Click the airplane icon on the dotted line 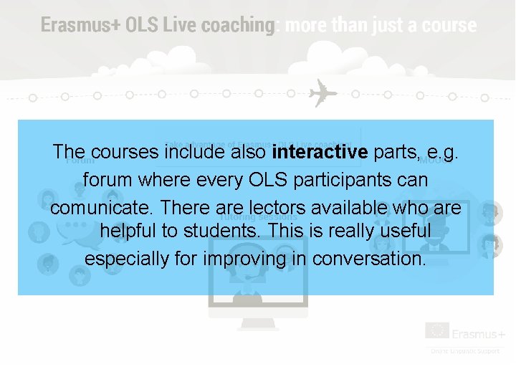click(322, 94)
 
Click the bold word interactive click(320, 152)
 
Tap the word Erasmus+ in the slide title click(80, 25)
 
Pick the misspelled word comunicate click(103, 208)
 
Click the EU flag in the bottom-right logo click(437, 330)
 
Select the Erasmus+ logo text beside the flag click(479, 334)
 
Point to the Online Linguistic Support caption click(467, 350)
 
